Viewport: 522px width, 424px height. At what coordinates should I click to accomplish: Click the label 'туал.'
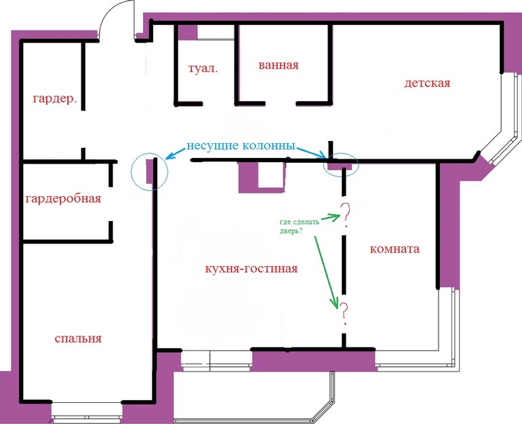(203, 69)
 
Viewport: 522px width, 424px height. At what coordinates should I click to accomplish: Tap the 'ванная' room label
(279, 64)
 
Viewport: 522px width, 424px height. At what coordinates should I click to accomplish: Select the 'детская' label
(427, 83)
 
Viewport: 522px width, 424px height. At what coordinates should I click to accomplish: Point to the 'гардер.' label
(54, 98)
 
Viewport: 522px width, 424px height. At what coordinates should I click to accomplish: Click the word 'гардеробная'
(63, 199)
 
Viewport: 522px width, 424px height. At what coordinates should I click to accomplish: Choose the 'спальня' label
(78, 339)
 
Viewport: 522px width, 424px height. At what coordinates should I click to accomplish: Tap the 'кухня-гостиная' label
(252, 269)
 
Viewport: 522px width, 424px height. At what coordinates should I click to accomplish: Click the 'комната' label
(395, 249)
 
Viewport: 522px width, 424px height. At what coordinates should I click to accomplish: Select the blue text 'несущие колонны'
(241, 146)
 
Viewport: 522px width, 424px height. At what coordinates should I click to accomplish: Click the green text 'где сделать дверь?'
(299, 226)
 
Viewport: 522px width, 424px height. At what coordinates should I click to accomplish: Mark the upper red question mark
(345, 215)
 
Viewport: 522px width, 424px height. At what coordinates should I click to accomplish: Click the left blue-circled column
(149, 171)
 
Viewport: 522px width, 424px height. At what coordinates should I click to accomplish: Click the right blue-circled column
(340, 166)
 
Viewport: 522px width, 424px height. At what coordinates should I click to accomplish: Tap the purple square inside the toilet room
(187, 33)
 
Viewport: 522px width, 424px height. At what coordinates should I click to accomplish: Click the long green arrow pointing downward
(327, 272)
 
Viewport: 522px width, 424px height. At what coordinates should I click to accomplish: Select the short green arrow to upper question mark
(331, 217)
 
